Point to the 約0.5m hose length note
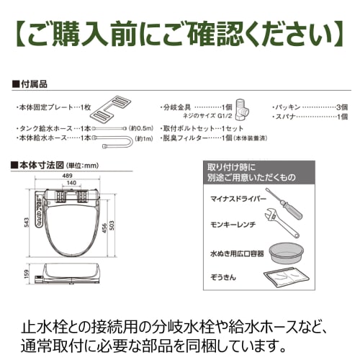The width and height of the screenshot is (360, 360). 141,127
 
